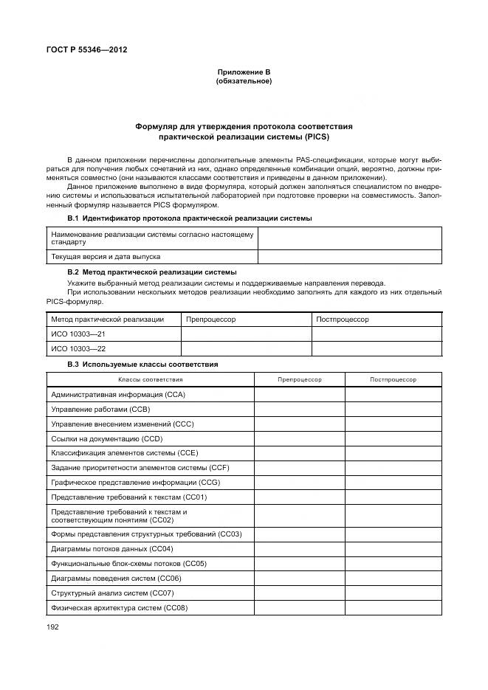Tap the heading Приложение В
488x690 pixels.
tap(244, 72)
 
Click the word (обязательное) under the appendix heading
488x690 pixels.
tap(244, 81)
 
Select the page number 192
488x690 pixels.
tap(52, 627)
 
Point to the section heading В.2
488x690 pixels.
tap(151, 272)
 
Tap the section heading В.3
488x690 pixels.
tap(142, 365)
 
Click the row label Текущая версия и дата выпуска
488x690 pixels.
tap(105, 257)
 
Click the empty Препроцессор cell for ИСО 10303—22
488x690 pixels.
tap(246, 349)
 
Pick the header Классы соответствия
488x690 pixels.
tap(151, 379)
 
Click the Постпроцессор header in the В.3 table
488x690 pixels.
tap(393, 379)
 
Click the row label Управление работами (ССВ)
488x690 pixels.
tap(100, 409)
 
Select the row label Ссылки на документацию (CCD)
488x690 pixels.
tap(106, 438)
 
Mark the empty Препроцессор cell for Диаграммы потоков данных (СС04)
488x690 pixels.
tap(299, 549)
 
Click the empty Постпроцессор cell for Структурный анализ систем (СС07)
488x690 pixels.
tap(393, 593)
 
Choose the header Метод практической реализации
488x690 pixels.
tap(107, 320)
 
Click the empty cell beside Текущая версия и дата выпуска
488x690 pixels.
tap(349, 257)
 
